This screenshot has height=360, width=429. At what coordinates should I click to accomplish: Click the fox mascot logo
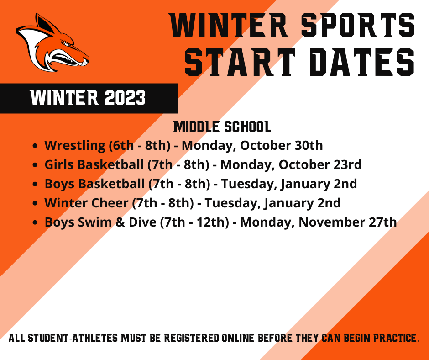52,43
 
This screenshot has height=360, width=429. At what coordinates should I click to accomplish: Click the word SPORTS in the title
358,25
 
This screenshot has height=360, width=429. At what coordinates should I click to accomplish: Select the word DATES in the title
362,62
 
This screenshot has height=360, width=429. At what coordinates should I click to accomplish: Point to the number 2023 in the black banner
125,97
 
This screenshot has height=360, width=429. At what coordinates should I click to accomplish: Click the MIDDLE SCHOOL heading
222,127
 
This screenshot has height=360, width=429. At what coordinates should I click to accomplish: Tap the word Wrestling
75,145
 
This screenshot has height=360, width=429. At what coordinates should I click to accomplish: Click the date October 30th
281,145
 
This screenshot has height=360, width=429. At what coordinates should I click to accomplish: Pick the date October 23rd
320,164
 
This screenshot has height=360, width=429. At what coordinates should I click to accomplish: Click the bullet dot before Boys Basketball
35,184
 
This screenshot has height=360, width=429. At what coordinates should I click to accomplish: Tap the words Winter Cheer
86,203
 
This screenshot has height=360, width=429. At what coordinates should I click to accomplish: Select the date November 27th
347,222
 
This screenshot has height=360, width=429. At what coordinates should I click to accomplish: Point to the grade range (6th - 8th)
140,145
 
